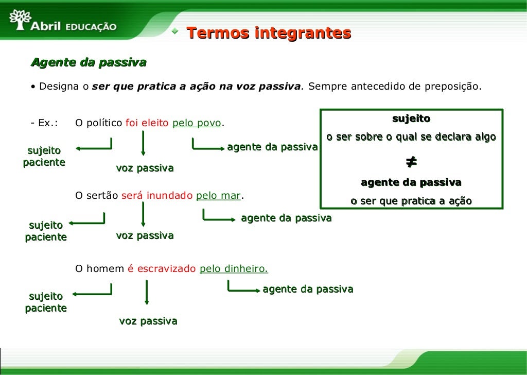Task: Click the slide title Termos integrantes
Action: tap(268, 33)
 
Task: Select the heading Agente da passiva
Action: tap(89, 63)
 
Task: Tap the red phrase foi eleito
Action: tap(147, 123)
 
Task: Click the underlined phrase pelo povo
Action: tap(197, 123)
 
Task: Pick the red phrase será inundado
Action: tap(157, 196)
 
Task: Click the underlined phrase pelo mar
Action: tap(219, 196)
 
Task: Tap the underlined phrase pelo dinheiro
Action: tap(234, 268)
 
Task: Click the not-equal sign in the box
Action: tap(411, 162)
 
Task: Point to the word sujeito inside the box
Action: tap(411, 119)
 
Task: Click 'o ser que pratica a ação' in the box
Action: tap(411, 201)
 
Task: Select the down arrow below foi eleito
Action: tap(143, 144)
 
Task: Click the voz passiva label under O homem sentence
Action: tap(148, 321)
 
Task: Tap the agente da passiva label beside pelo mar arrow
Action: tap(286, 218)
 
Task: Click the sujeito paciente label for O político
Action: tap(44, 157)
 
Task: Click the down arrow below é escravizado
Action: tap(147, 292)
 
